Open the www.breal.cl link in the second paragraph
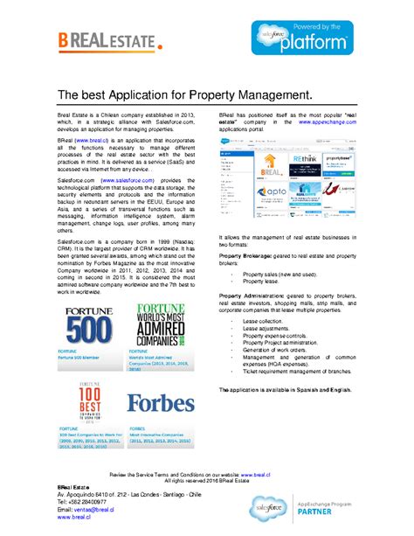pos(89,139)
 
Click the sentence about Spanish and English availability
pos(285,388)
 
